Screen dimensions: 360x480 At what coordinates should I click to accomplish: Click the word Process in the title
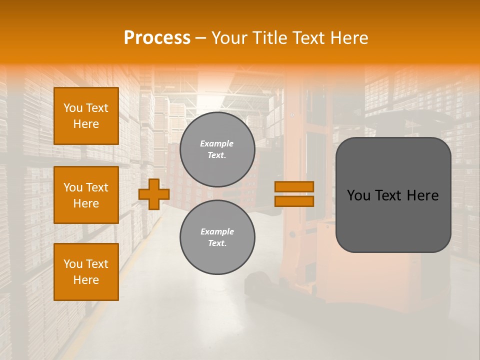click(x=157, y=38)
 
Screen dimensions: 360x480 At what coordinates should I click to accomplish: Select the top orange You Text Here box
click(x=86, y=116)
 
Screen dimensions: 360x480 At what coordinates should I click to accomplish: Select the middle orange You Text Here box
click(x=86, y=195)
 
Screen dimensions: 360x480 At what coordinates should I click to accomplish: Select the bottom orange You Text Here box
click(x=86, y=272)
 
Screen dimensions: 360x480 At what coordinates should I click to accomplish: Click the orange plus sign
click(x=154, y=194)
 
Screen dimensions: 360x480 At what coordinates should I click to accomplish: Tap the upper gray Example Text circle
click(x=217, y=149)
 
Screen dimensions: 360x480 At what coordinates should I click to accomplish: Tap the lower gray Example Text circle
click(x=217, y=237)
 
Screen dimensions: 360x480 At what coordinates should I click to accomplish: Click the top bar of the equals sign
click(x=294, y=186)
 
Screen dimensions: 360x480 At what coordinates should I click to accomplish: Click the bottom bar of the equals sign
click(x=294, y=201)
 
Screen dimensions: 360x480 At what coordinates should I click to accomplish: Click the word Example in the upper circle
click(x=217, y=143)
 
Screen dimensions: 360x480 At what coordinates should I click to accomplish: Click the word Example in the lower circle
click(x=217, y=231)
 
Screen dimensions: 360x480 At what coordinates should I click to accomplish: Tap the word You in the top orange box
click(x=73, y=108)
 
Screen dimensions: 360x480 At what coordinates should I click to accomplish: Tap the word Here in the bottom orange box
click(x=86, y=280)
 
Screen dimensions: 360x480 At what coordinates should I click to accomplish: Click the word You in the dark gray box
click(x=358, y=195)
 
